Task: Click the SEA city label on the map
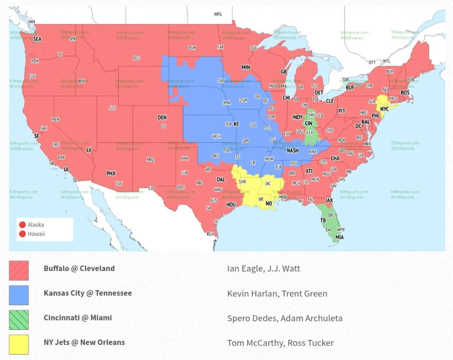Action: (37, 39)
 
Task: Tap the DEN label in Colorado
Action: (162, 117)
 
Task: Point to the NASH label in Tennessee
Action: (293, 150)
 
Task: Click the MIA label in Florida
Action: (339, 237)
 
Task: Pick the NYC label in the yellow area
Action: (384, 109)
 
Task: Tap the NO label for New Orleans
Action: (269, 203)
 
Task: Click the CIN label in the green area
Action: (308, 123)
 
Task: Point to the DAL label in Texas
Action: (221, 179)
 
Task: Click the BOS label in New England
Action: (405, 93)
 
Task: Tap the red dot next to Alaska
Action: (22, 225)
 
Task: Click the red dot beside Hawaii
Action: (22, 234)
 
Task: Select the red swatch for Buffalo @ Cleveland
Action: (19, 270)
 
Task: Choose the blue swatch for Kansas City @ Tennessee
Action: (19, 295)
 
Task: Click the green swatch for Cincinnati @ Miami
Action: (19, 320)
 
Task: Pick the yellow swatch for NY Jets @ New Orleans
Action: (19, 345)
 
